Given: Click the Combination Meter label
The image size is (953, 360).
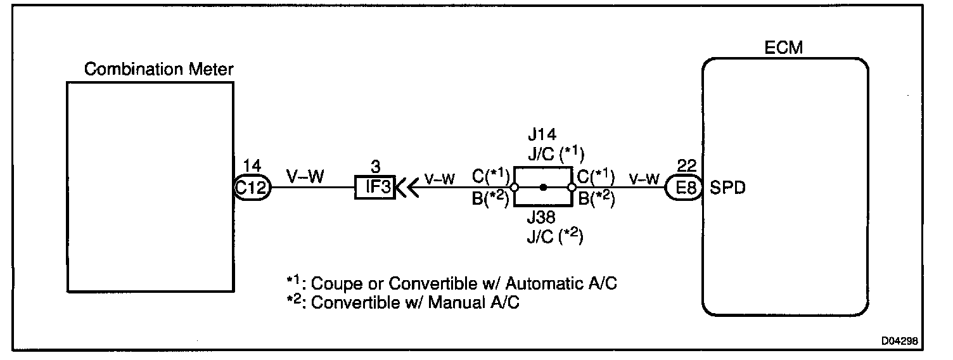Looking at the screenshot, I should (158, 69).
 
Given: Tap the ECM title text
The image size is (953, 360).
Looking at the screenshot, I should (784, 48).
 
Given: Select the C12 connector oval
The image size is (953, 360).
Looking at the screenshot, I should (252, 188).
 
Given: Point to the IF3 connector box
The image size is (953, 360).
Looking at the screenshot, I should (374, 188).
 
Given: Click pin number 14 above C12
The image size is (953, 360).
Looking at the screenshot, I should (252, 166).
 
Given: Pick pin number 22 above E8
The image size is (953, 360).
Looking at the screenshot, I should (686, 166).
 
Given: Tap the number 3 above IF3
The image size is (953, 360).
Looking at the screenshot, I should (375, 167).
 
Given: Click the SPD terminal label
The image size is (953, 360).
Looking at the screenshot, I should (727, 188).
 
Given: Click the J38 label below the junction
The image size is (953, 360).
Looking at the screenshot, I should (542, 219).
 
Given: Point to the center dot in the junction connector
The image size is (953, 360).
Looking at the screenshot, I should (543, 188).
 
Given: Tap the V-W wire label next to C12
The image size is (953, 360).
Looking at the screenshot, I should (305, 177).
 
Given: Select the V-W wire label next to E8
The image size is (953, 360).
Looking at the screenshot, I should (644, 178).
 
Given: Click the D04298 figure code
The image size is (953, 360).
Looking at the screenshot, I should (902, 340).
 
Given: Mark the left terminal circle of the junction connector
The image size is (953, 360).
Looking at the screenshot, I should (514, 188).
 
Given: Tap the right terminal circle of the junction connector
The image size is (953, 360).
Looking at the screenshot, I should (572, 188).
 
